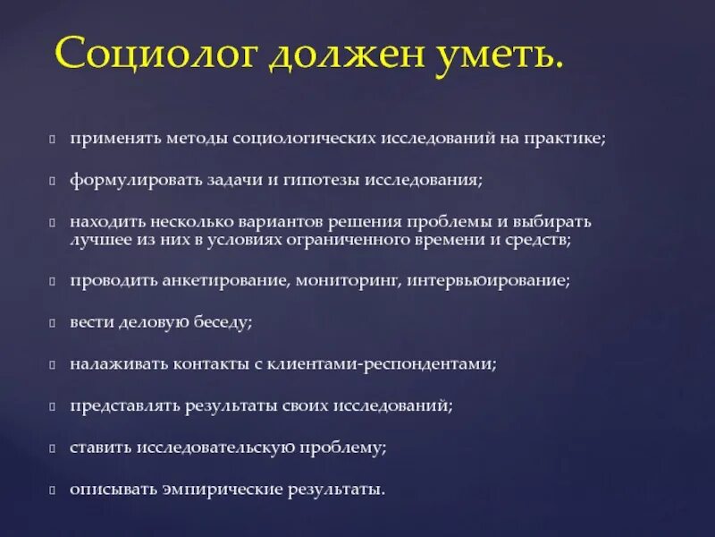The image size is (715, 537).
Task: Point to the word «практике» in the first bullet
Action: click(x=568, y=140)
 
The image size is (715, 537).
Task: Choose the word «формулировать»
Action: click(x=129, y=180)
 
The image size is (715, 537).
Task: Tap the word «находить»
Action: click(x=107, y=220)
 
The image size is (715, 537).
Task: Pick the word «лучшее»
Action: click(x=101, y=240)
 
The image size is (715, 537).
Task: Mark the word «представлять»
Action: click(x=125, y=406)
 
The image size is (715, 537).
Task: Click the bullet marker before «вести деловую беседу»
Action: click(x=54, y=322)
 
